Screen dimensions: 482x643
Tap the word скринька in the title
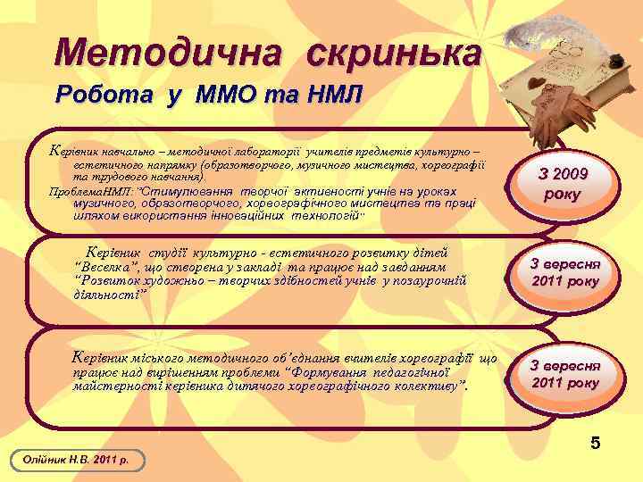(394, 53)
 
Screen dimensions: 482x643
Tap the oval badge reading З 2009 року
(574, 184)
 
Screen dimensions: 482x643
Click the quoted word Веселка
(109, 267)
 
